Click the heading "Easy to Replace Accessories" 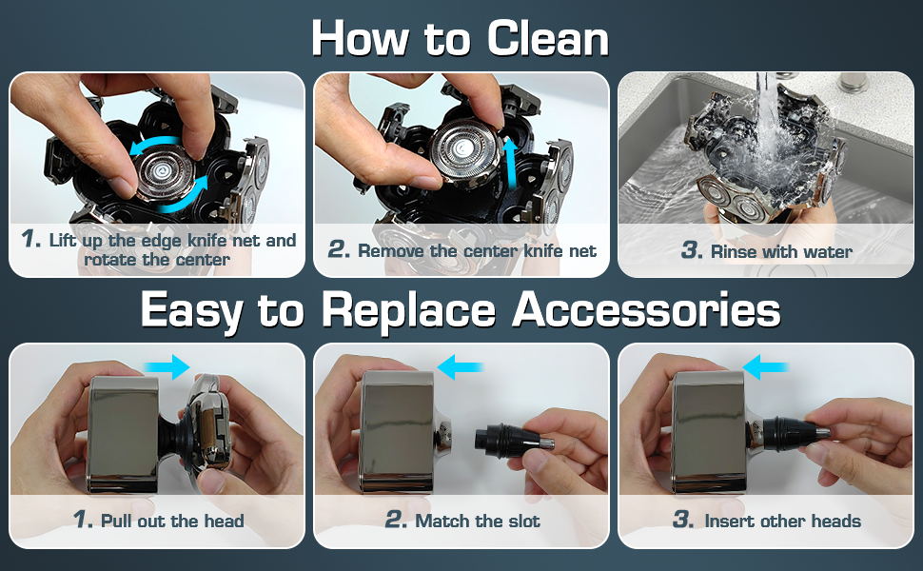pyautogui.click(x=461, y=309)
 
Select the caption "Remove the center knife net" pyautogui.click(x=476, y=250)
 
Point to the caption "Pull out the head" pyautogui.click(x=171, y=521)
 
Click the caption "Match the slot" pyautogui.click(x=476, y=521)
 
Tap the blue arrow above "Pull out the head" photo pyautogui.click(x=167, y=367)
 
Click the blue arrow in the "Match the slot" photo pyautogui.click(x=461, y=366)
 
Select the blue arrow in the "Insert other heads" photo pyautogui.click(x=767, y=366)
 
